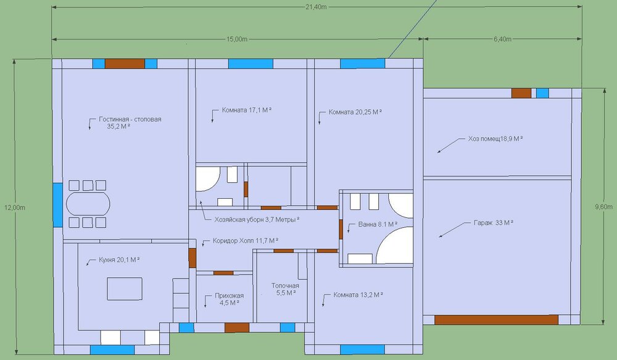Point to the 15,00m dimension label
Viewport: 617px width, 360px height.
click(237, 39)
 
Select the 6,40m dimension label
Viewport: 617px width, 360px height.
click(502, 39)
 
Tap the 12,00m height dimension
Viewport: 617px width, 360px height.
click(15, 207)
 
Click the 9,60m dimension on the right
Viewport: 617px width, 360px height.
click(604, 207)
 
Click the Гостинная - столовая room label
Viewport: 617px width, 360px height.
click(130, 122)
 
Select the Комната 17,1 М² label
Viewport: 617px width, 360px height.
click(247, 110)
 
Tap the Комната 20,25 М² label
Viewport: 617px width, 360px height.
click(355, 112)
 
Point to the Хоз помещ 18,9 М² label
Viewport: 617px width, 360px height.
click(495, 139)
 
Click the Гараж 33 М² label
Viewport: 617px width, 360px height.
click(494, 222)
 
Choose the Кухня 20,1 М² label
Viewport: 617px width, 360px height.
click(119, 260)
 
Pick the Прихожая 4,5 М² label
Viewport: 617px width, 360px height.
click(229, 299)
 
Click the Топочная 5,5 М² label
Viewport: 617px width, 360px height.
click(285, 289)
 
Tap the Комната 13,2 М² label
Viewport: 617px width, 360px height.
click(358, 295)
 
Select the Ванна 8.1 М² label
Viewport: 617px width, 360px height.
click(378, 225)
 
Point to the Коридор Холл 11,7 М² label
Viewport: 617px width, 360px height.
click(246, 240)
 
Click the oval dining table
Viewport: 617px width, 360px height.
click(88, 204)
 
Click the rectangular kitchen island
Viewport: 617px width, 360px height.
click(125, 289)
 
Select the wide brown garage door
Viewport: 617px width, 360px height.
click(496, 319)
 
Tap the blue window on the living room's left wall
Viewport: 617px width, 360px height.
click(57, 205)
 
